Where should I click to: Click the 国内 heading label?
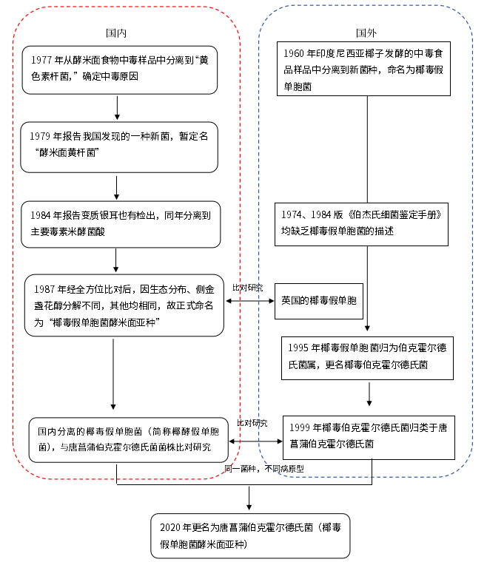click(x=116, y=33)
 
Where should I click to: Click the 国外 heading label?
click(x=366, y=33)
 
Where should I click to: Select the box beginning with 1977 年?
click(x=119, y=70)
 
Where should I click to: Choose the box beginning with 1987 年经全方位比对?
click(x=124, y=302)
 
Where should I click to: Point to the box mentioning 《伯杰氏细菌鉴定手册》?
click(x=362, y=223)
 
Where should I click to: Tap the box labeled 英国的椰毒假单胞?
click(x=318, y=301)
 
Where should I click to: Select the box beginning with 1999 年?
click(x=369, y=437)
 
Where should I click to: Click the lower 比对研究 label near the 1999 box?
click(x=252, y=423)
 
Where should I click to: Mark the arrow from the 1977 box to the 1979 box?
click(x=117, y=107)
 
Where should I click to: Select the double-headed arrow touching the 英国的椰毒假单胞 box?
click(x=249, y=301)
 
